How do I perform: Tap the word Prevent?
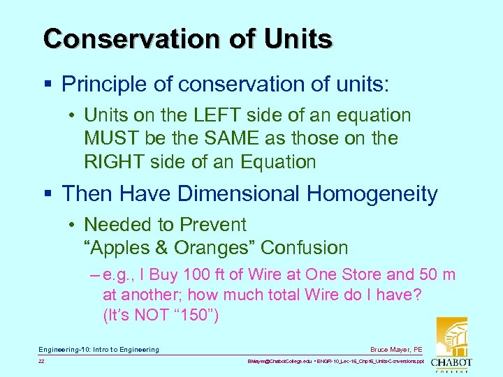point(213,225)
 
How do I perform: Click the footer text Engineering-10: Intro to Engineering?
point(99,349)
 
